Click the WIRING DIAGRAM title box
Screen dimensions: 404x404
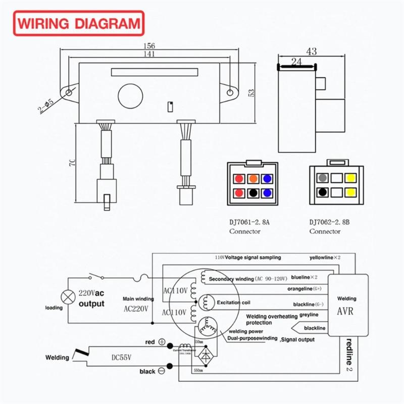(78, 23)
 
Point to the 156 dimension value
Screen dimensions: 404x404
(148, 45)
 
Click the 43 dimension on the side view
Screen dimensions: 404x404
(311, 52)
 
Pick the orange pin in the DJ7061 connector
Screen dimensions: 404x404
(253, 179)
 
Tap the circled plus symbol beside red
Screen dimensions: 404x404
(162, 342)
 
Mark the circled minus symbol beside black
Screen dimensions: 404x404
(162, 371)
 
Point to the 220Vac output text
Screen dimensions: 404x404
(91, 298)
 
